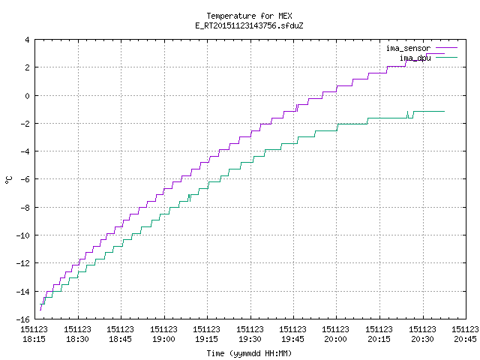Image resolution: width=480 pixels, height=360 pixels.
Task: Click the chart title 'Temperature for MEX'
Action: [x=249, y=16]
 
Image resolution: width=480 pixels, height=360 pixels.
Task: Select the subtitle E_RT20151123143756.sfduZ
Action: [x=249, y=25]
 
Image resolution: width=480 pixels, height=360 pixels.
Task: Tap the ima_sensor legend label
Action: [x=408, y=48]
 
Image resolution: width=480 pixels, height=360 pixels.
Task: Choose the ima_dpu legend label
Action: [x=415, y=58]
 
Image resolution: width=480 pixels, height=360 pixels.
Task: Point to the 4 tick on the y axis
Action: [x=27, y=40]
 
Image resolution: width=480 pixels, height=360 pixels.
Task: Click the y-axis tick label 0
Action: [x=27, y=96]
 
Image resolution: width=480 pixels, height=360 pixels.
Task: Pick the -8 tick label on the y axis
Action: [x=25, y=208]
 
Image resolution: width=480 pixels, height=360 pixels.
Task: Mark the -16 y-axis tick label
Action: [x=23, y=319]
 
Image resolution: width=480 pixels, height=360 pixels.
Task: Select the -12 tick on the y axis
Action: [x=23, y=263]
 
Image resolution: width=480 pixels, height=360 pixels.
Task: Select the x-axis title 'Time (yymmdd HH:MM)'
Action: [x=249, y=353]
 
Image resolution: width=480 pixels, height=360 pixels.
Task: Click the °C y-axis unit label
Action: [x=8, y=180]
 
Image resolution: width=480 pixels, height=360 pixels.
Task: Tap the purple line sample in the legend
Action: [x=447, y=48]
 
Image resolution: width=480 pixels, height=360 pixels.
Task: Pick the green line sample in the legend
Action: [x=447, y=57]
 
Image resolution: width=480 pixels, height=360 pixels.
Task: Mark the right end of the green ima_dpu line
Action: [x=444, y=112]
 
